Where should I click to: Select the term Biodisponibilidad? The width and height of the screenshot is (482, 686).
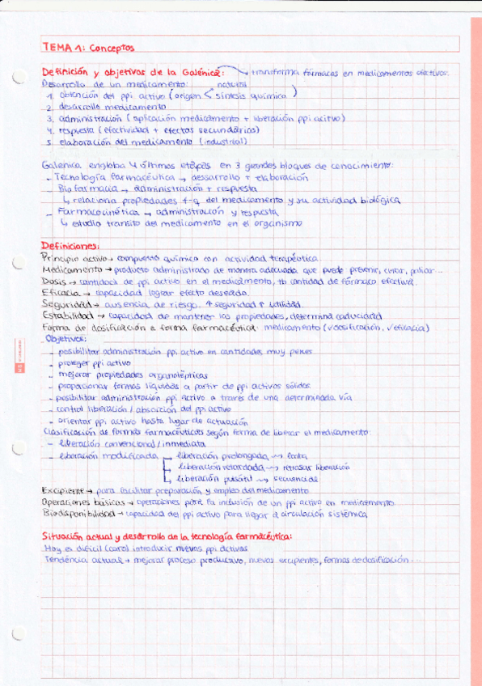(78, 513)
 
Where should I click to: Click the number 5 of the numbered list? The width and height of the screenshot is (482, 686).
(49, 142)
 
